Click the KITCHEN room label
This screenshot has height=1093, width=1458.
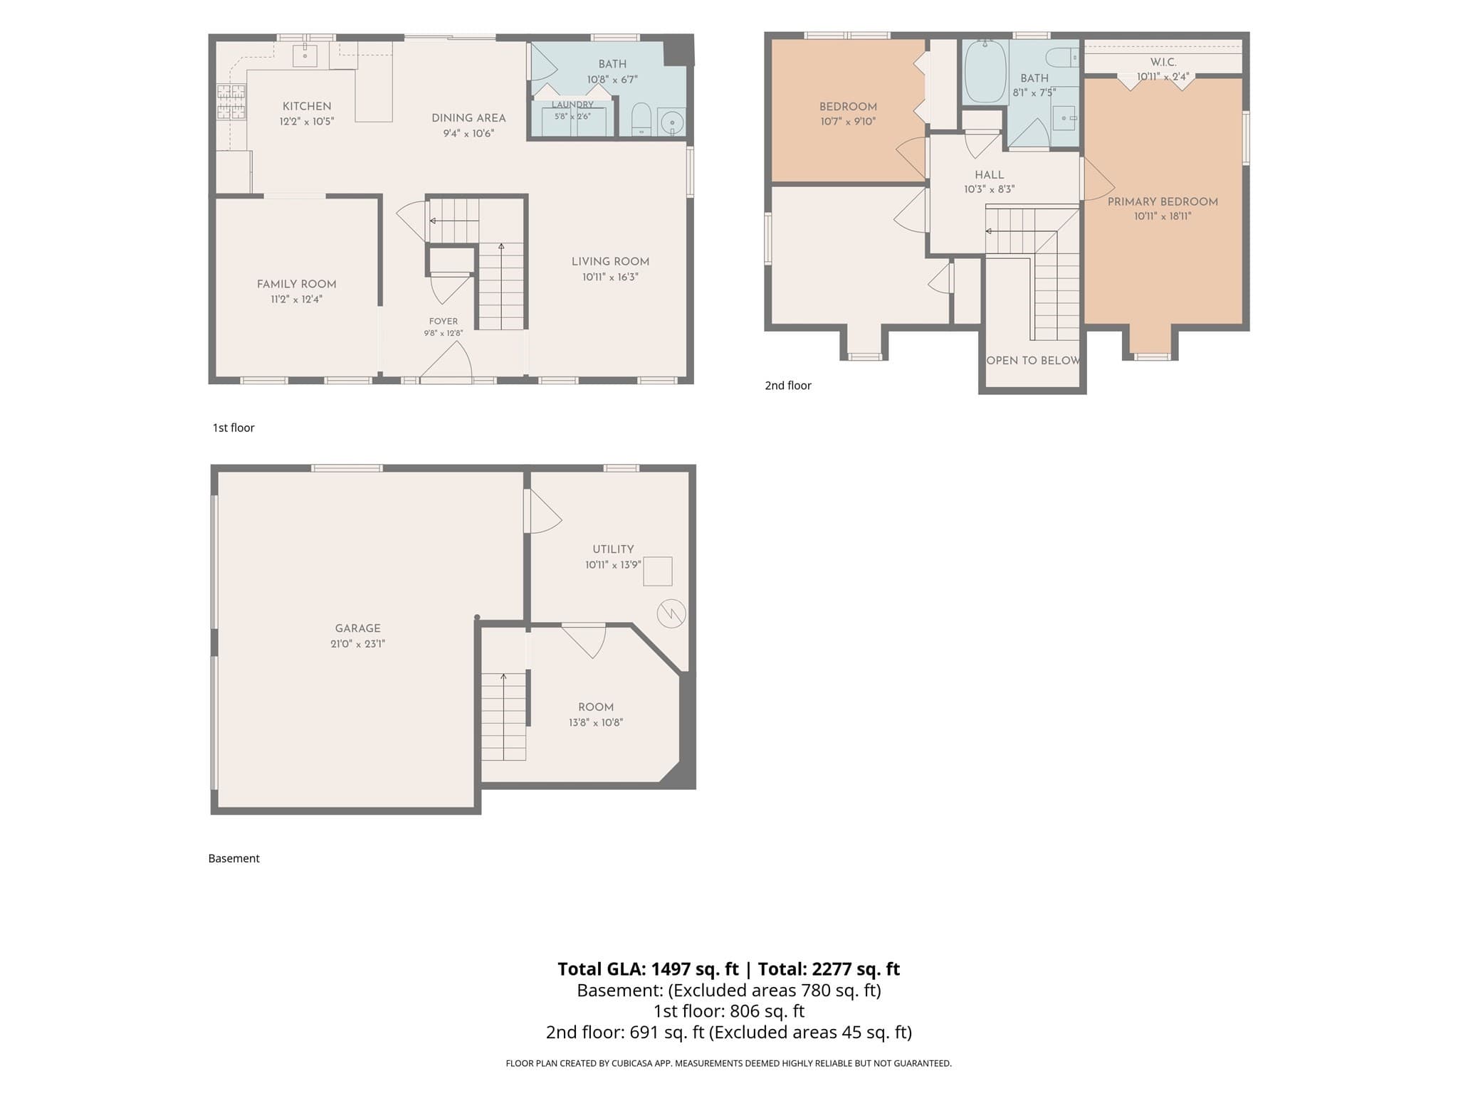tap(307, 106)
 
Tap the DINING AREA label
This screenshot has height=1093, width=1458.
tap(468, 118)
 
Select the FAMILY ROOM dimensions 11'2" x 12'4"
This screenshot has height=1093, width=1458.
tap(296, 300)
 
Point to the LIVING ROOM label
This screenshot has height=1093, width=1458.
tap(610, 261)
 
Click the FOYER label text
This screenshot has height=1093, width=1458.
tap(444, 321)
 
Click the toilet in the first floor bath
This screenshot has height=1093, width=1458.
tap(641, 120)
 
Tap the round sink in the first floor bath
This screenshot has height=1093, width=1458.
tap(671, 122)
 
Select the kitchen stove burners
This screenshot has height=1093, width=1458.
tap(231, 101)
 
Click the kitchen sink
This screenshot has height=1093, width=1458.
tap(305, 55)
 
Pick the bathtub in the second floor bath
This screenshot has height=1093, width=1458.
tap(985, 71)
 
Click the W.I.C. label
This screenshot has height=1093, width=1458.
tap(1163, 62)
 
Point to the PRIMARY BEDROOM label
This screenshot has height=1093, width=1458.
tap(1163, 201)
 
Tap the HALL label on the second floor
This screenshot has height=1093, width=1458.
tap(989, 174)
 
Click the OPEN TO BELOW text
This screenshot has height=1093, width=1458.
tap(1033, 360)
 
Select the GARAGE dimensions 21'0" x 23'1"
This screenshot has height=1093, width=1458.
tap(357, 644)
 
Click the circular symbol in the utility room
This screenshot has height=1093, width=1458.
tap(671, 613)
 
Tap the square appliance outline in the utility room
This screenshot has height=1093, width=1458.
tap(658, 571)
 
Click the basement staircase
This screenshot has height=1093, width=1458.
tap(504, 717)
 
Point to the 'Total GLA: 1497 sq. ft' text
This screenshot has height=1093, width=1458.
tap(648, 968)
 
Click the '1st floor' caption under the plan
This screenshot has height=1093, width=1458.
tap(234, 428)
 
